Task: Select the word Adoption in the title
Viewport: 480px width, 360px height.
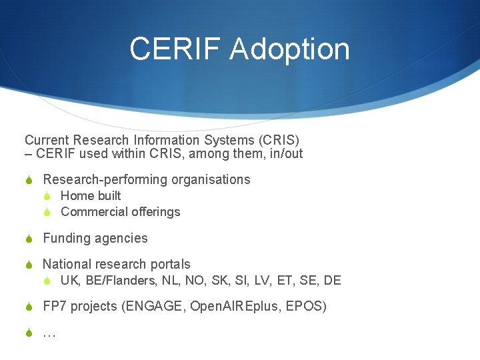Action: [x=290, y=49]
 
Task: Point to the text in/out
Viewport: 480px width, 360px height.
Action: [x=287, y=154]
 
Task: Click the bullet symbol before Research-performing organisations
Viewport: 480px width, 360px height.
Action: [x=29, y=180]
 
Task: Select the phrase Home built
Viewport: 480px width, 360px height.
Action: [x=91, y=195]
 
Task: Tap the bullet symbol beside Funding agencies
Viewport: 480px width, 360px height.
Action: [x=29, y=239]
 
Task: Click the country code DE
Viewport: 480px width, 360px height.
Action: [x=332, y=281]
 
